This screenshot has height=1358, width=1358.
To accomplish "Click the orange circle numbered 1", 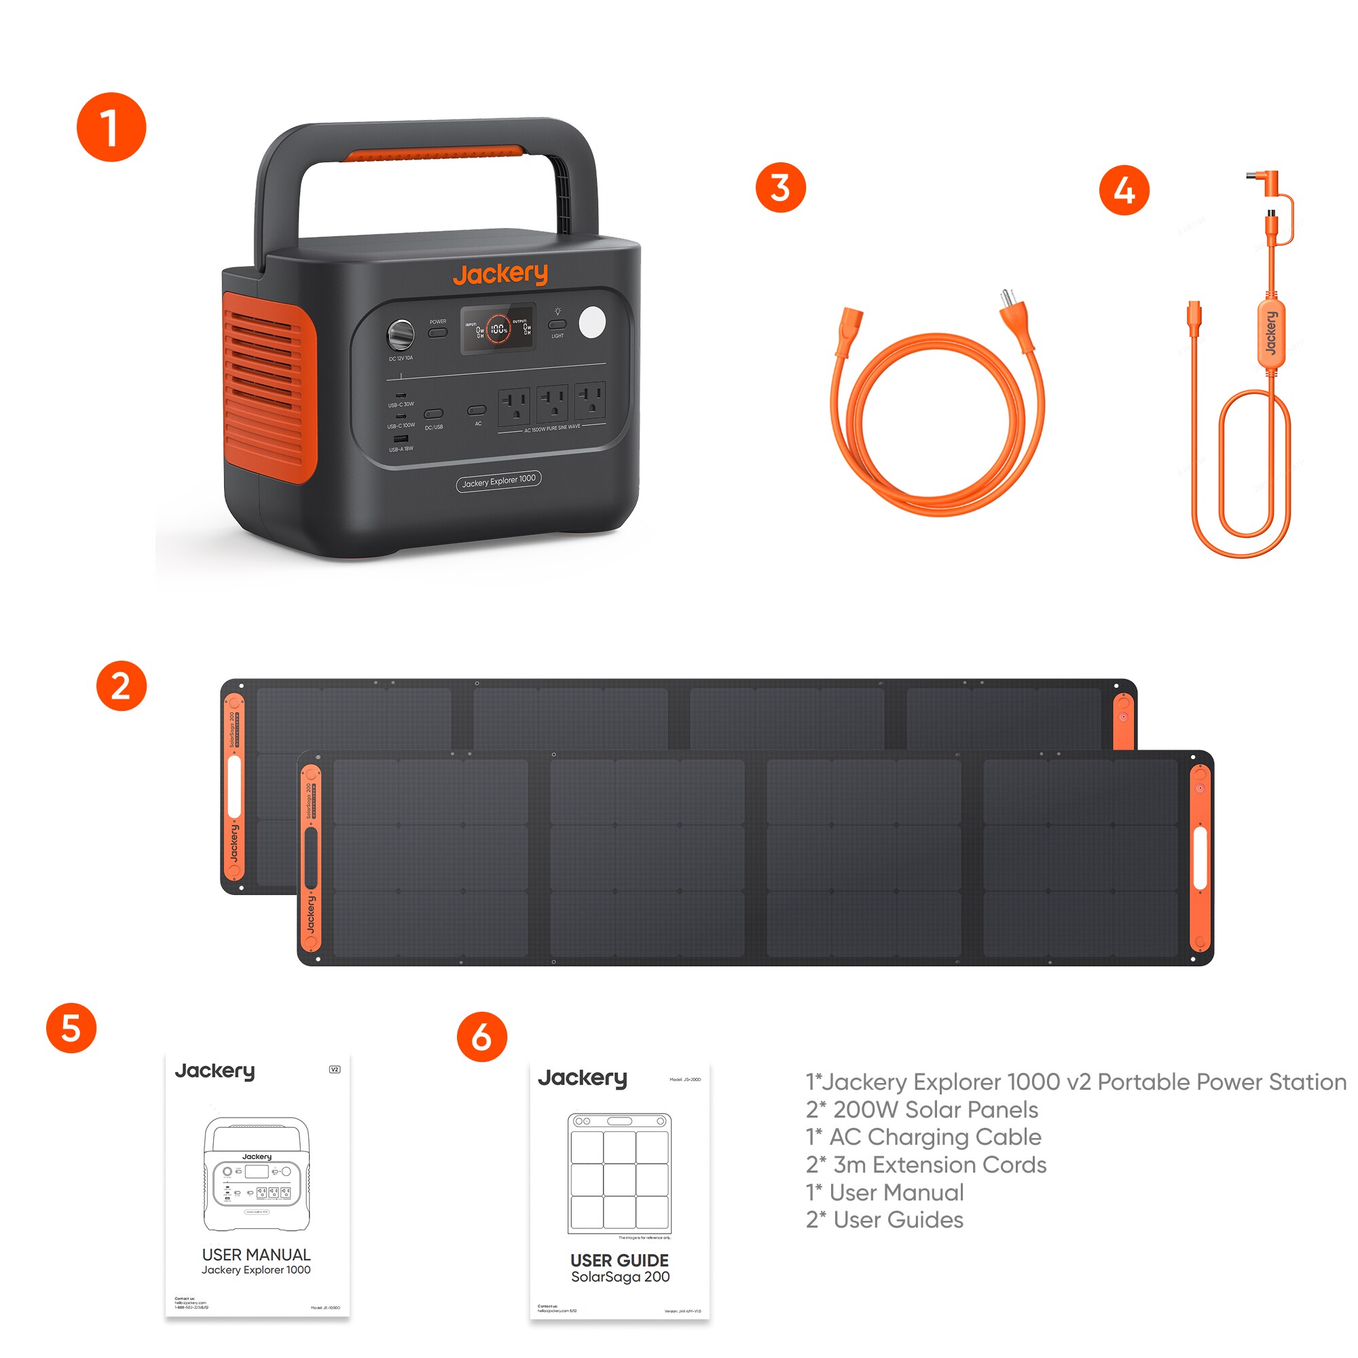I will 111,127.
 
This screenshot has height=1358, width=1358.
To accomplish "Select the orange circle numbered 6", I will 481,1037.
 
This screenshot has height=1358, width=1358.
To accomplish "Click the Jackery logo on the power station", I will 500,274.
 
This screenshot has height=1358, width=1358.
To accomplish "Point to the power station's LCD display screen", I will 498,328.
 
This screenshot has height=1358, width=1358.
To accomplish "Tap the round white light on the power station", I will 592,322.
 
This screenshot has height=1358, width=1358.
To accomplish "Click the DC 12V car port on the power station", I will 401,335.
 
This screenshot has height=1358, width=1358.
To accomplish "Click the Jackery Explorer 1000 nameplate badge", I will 498,481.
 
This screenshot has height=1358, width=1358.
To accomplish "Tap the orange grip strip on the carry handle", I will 435,153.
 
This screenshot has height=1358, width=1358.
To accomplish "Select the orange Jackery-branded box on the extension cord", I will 1271,333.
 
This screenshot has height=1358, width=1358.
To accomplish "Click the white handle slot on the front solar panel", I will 1200,858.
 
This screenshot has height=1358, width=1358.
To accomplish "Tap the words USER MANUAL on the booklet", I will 256,1255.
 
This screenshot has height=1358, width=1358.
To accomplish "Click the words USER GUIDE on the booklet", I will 619,1260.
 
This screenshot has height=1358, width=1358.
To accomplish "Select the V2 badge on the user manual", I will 335,1069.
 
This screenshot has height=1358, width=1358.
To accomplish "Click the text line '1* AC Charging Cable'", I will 923,1137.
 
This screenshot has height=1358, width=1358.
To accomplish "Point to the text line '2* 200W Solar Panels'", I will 921,1109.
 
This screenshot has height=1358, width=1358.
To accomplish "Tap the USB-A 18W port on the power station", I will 401,439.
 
